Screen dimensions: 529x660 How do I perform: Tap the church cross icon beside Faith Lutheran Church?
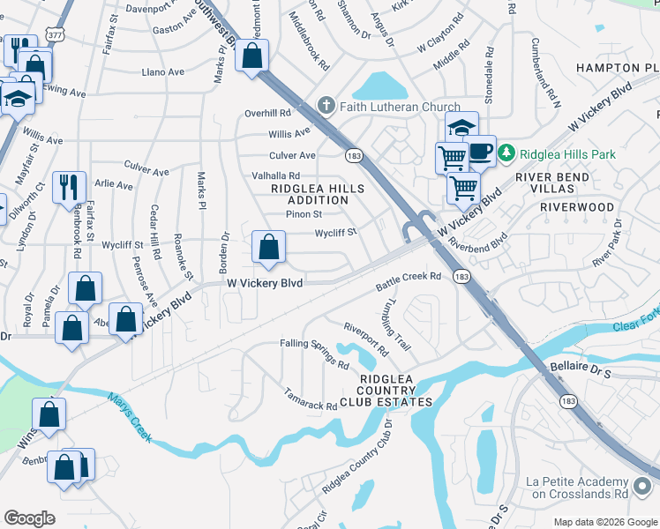tap(326, 107)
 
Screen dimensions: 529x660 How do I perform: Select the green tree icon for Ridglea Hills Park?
tap(506, 153)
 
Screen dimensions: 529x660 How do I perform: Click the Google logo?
tap(29, 518)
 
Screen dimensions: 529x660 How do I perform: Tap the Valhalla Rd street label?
tap(276, 175)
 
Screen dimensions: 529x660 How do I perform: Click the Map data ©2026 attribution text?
tap(604, 522)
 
